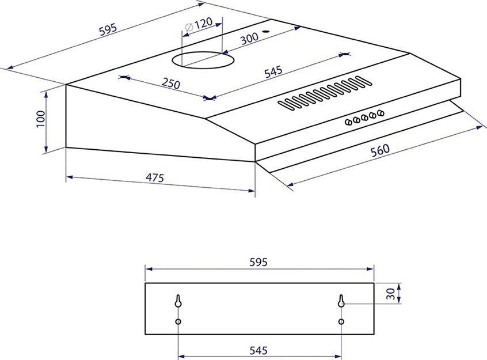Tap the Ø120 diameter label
pos(199,24)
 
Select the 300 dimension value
pos(249,38)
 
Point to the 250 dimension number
pos(171,83)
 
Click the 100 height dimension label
pos(41,119)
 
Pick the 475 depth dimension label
pos(155,178)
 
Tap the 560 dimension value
pos(380,150)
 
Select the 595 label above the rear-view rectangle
pos(258,263)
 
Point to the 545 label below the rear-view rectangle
pos(258,351)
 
